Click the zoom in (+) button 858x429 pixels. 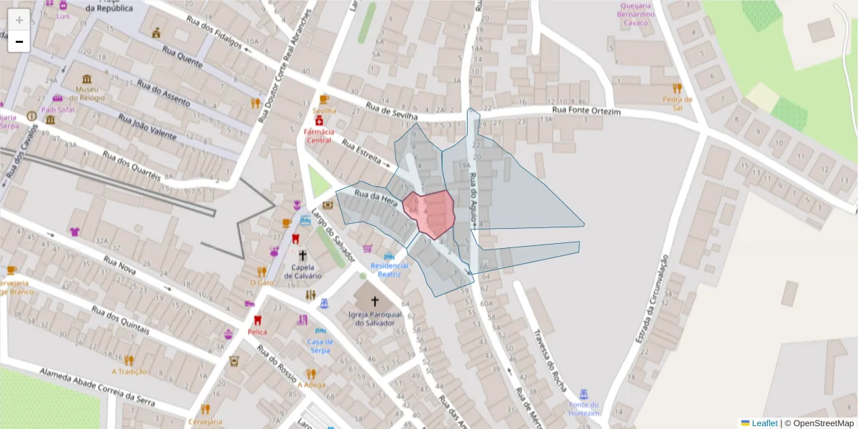[x=19, y=20]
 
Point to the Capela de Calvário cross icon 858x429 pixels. [x=302, y=255]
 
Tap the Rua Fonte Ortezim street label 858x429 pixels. [x=586, y=112]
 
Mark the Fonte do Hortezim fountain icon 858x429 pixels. [x=584, y=393]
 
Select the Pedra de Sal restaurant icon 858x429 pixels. [x=677, y=88]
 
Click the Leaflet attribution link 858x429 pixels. [x=764, y=423]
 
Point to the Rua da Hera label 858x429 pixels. [x=376, y=197]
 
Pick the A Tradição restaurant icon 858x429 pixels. [x=129, y=360]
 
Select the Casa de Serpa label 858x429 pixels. [x=320, y=346]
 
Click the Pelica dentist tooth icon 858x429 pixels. [x=257, y=321]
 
